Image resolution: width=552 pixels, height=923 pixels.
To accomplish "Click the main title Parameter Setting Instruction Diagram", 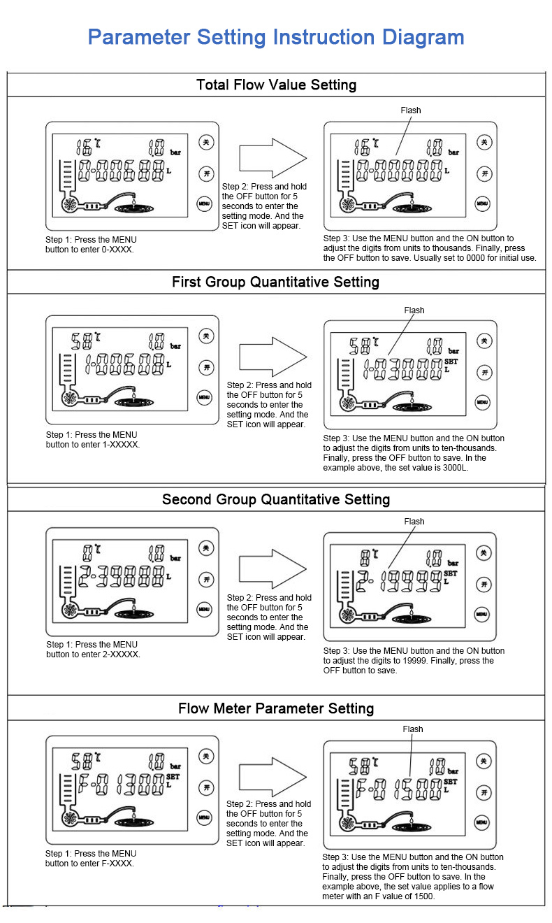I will tap(276, 37).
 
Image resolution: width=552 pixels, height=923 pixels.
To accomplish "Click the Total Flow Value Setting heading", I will tap(276, 85).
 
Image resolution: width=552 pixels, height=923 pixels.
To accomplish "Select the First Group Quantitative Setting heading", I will tap(275, 282).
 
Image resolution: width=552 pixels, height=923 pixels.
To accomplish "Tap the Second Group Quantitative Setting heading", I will tap(275, 499).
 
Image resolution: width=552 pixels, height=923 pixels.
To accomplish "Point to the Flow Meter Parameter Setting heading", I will tap(275, 708).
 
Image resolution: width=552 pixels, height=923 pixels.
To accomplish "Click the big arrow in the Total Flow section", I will tap(273, 158).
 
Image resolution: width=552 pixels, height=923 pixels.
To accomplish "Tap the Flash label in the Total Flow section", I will tap(411, 110).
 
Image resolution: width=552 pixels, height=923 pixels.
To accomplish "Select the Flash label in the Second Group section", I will tap(414, 521).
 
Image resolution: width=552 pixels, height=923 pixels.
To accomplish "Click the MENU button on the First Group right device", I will tap(483, 402).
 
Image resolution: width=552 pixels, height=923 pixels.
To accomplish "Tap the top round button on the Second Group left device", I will tap(205, 548).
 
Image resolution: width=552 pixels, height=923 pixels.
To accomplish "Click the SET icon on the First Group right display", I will tap(451, 362).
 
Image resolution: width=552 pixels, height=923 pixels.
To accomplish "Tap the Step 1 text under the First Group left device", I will tap(92, 440).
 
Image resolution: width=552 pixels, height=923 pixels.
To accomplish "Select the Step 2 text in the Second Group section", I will tap(269, 617).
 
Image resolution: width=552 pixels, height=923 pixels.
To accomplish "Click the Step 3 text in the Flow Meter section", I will tap(413, 876).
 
